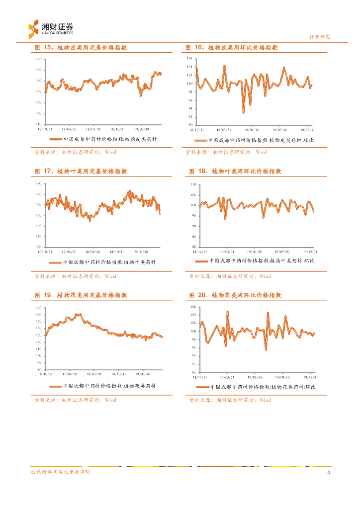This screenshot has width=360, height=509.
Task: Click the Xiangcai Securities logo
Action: tap(50, 28)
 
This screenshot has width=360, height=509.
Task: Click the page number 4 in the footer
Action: tap(328, 472)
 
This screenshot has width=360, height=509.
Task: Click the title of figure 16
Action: tap(231, 47)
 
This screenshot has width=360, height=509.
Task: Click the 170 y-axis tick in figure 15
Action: tap(39, 59)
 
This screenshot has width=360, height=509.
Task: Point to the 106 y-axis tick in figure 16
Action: tap(189, 59)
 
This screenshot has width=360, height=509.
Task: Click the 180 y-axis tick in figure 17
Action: tap(39, 183)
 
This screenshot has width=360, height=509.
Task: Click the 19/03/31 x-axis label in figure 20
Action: tap(227, 377)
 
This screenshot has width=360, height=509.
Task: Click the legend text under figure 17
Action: tap(109, 262)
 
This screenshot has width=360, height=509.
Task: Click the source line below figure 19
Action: tap(75, 400)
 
